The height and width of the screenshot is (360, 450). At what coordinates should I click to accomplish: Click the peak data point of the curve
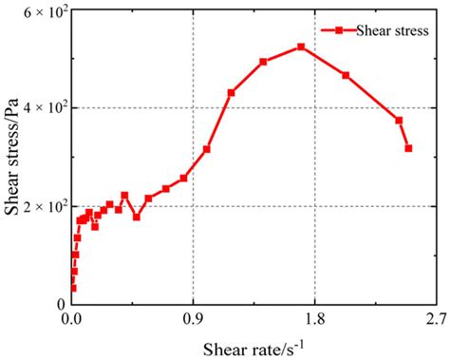301,47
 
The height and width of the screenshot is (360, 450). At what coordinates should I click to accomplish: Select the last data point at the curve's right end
408,148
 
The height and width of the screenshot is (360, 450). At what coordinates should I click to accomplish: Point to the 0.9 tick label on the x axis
194,320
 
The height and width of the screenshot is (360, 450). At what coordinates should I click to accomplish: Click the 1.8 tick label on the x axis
315,320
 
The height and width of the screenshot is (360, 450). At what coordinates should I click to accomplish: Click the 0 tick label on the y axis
61,305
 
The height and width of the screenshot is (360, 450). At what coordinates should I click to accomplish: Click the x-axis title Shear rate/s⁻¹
253,344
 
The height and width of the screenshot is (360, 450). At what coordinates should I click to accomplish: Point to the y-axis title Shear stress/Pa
13,157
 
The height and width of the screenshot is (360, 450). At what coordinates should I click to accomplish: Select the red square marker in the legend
338,30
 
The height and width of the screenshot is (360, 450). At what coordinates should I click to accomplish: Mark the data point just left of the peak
263,62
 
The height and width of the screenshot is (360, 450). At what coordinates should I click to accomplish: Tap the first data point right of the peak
346,75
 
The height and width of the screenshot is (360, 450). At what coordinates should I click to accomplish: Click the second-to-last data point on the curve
399,120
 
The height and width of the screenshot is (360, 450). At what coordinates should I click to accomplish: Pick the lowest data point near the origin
73,288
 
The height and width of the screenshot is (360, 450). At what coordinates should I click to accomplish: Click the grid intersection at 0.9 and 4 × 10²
194,107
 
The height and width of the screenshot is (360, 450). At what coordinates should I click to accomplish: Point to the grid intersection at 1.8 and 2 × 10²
315,206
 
